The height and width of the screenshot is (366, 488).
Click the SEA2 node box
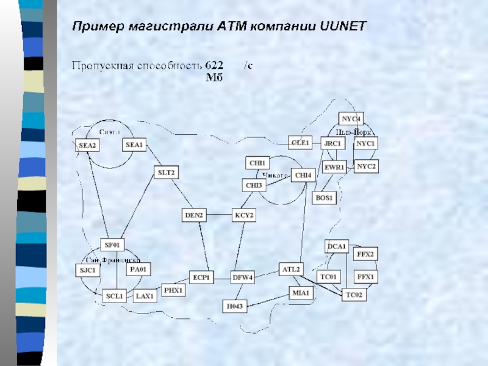[x=88, y=145]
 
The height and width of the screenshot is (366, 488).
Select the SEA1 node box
[x=134, y=145]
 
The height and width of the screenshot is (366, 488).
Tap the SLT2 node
[x=166, y=173]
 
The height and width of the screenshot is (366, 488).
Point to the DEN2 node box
[x=195, y=215]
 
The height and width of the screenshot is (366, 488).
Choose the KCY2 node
[x=243, y=215]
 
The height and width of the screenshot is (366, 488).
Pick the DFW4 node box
[x=242, y=278]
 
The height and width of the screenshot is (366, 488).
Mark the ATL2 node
[x=290, y=269]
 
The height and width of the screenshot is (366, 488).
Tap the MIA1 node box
[x=302, y=293]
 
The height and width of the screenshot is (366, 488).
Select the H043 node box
[x=234, y=306]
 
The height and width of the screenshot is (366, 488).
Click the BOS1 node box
[x=324, y=198]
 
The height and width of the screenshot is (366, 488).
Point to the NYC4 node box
[x=351, y=118]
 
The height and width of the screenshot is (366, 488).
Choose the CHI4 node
[x=303, y=175]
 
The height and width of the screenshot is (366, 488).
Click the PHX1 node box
[x=173, y=290]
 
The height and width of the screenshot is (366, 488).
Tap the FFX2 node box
[x=366, y=254]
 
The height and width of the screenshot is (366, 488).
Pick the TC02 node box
[x=354, y=295]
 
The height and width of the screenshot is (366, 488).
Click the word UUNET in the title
[x=343, y=26]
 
